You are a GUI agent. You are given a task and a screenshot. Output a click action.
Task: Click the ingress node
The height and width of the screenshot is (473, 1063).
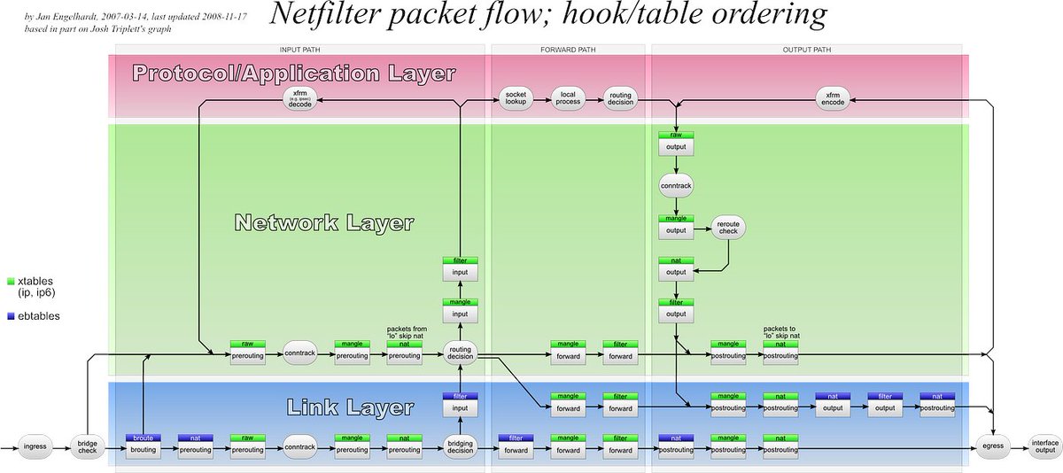tap(35, 446)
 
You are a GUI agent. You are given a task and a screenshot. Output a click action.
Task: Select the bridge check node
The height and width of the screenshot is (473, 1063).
tap(88, 446)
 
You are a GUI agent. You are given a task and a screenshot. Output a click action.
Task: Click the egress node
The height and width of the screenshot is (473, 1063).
tap(993, 446)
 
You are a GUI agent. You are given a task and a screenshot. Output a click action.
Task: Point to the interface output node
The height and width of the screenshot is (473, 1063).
tap(1044, 446)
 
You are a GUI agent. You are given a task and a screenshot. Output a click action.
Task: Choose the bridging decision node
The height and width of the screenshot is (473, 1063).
tap(461, 446)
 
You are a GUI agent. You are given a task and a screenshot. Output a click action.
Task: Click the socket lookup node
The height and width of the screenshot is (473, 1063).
tap(516, 97)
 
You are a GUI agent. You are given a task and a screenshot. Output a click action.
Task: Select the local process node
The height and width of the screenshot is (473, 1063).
tap(567, 97)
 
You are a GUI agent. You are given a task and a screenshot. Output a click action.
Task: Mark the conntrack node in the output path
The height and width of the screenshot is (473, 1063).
tap(676, 185)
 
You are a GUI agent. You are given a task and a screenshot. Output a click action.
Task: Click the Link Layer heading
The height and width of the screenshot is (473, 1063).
tap(350, 407)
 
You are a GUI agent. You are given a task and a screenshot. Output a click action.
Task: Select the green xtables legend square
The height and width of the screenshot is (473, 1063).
tap(10, 281)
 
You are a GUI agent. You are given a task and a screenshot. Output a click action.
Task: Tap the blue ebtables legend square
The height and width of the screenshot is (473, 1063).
tap(10, 314)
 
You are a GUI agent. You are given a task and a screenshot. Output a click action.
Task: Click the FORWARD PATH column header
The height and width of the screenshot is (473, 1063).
tap(568, 49)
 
